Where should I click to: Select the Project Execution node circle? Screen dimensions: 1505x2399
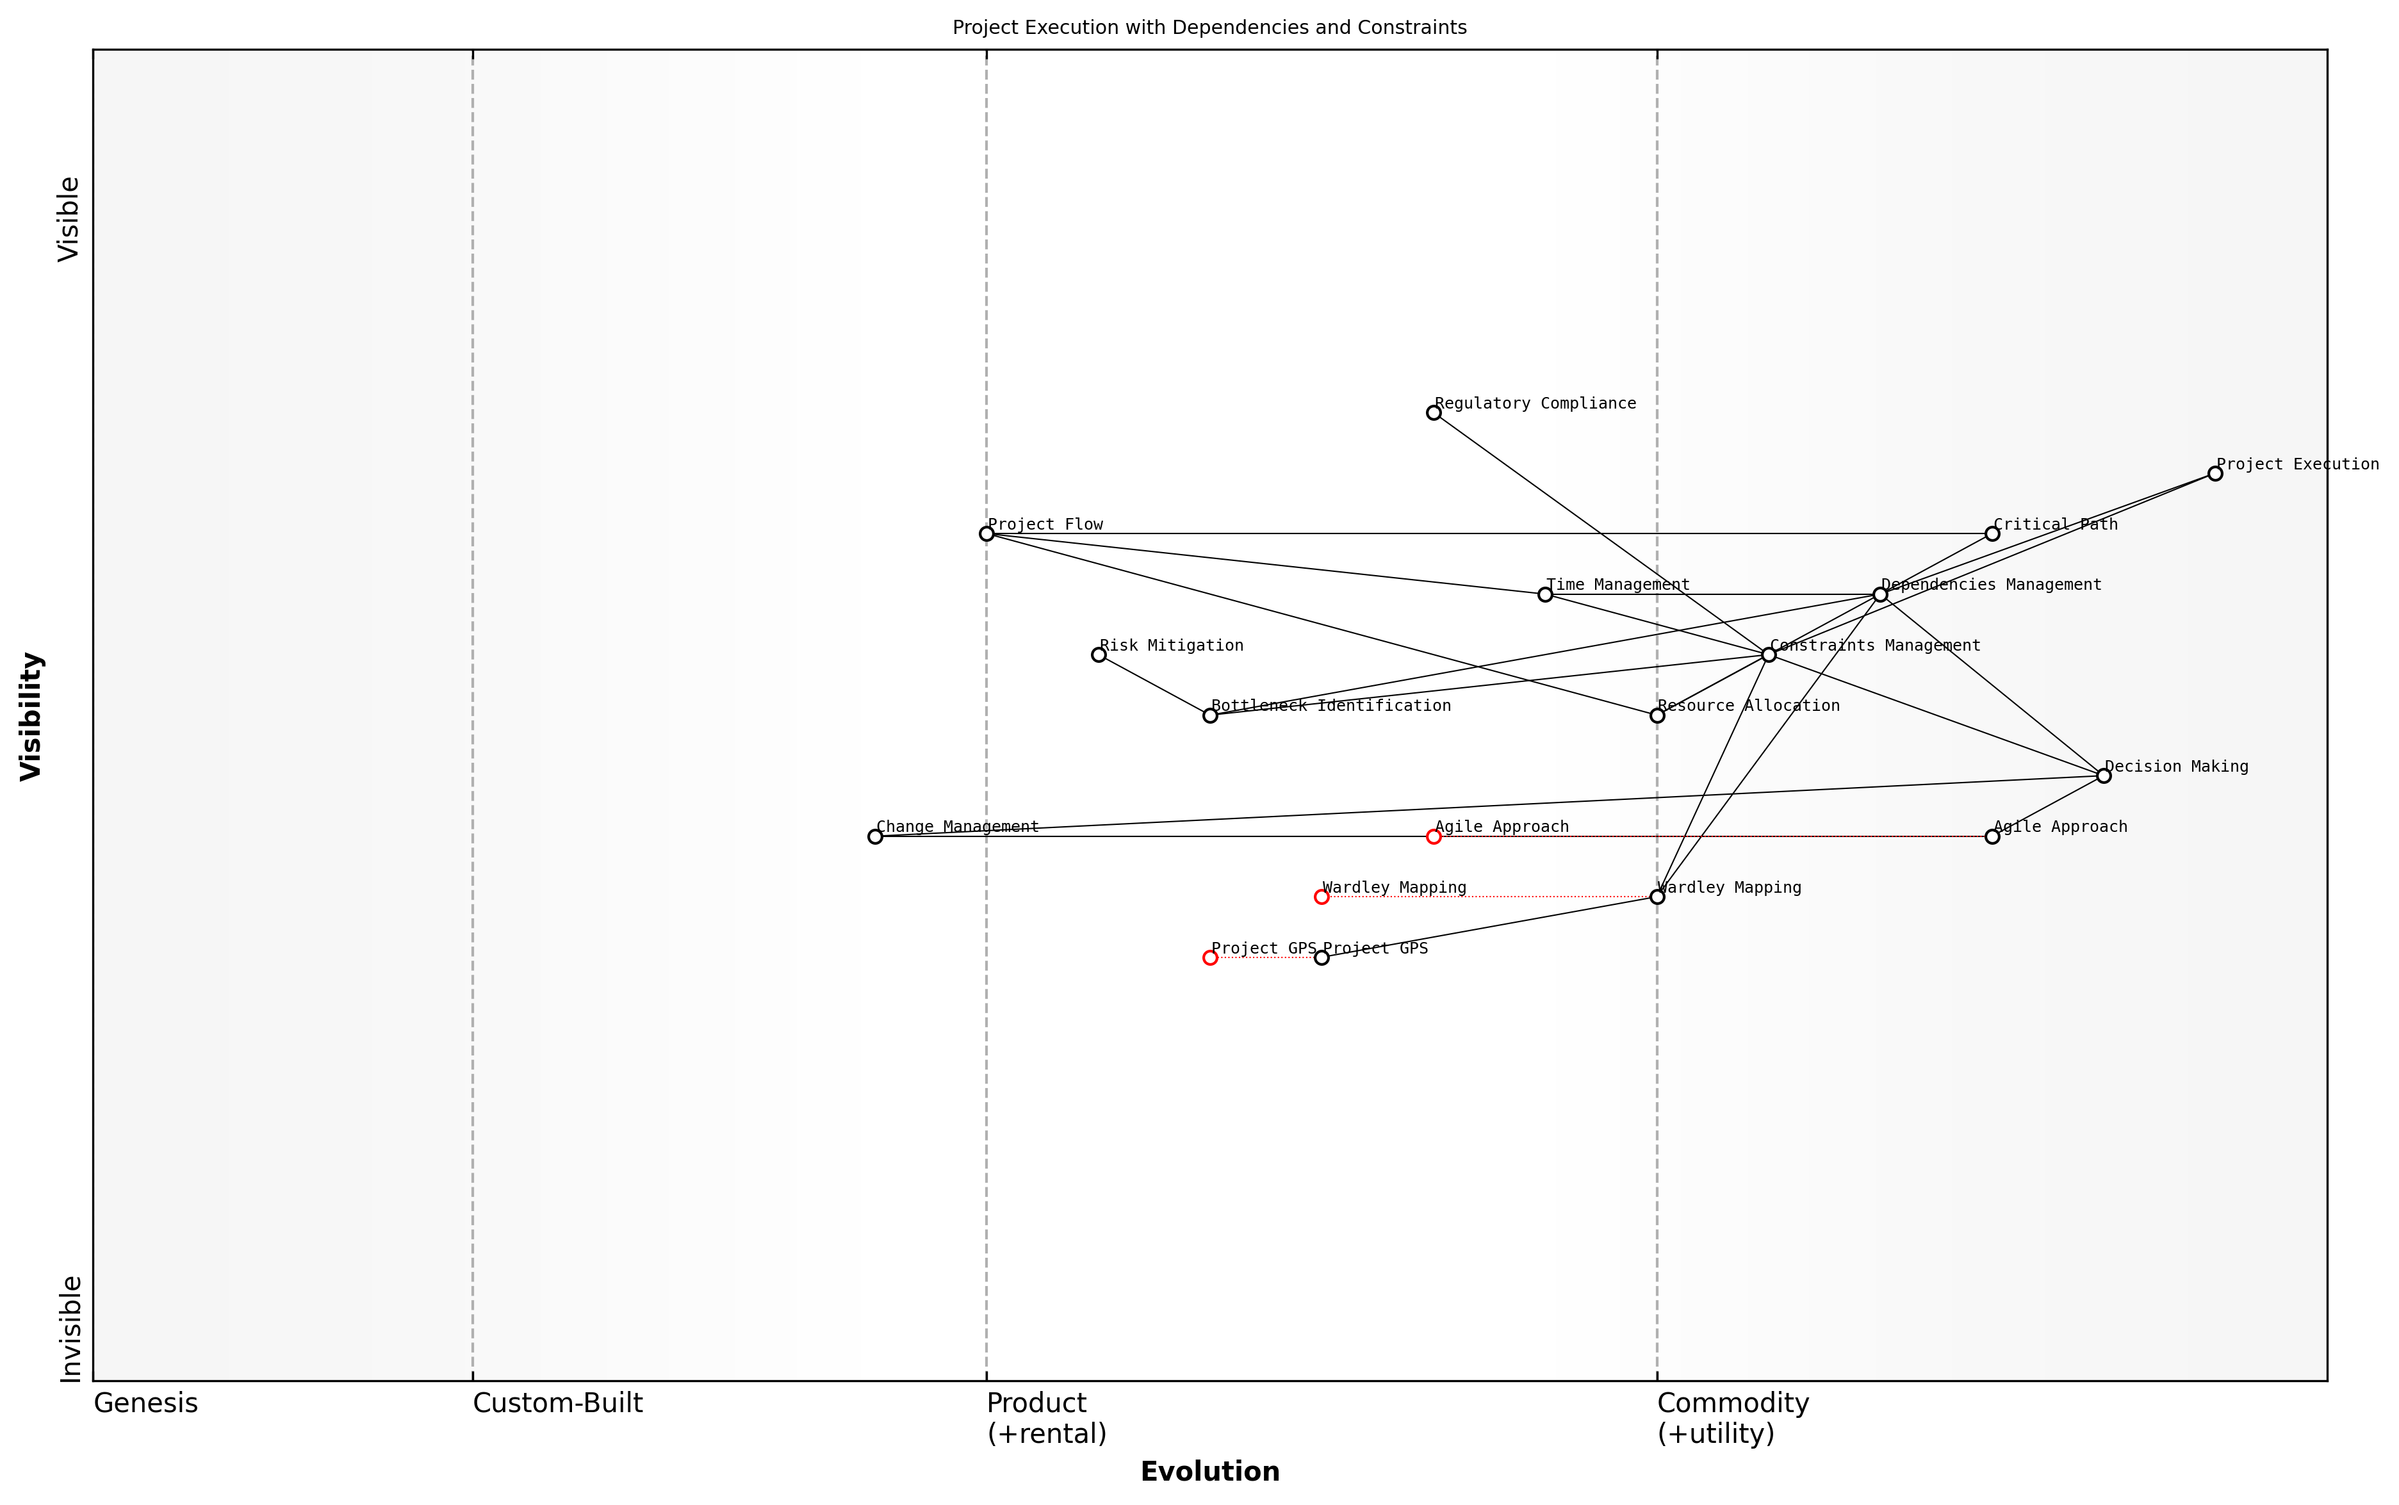coord(2215,474)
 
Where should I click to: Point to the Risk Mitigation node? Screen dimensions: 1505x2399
coord(1099,655)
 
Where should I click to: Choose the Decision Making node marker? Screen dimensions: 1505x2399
coord(2103,776)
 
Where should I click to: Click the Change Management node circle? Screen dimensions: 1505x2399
coord(875,837)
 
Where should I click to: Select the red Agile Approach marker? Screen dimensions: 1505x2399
coord(1434,837)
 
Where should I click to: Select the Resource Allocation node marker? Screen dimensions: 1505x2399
coord(1657,715)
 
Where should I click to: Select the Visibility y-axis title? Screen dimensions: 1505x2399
coord(32,715)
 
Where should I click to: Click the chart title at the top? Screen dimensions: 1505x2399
coord(1209,28)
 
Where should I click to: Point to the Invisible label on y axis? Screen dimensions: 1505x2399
coord(70,1329)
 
